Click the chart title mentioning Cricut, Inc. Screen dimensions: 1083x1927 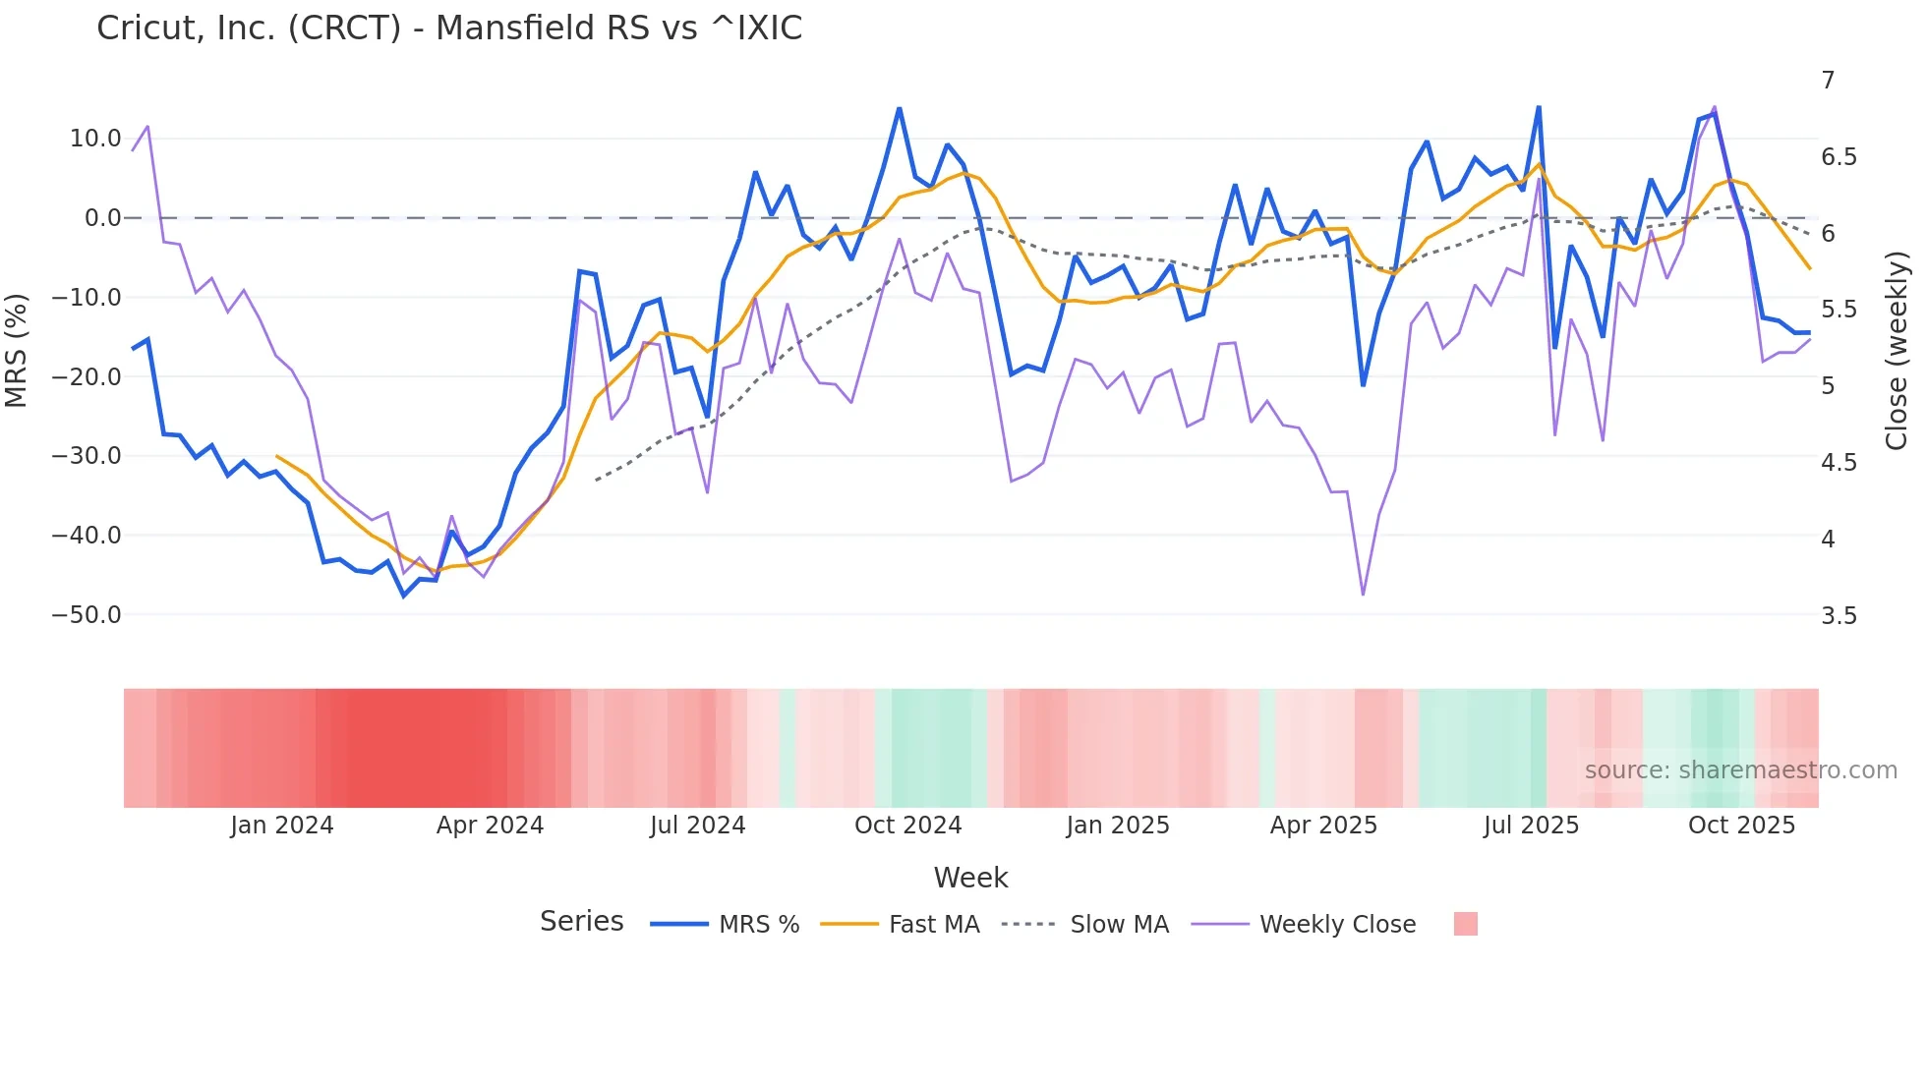(x=449, y=28)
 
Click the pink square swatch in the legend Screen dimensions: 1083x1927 (x=1465, y=924)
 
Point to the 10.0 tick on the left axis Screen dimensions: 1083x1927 (x=95, y=139)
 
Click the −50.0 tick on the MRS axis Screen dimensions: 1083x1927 (x=87, y=615)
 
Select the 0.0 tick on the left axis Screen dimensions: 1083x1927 (x=103, y=218)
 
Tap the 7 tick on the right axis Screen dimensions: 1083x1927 (x=1828, y=81)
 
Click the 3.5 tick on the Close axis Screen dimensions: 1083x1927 (x=1839, y=616)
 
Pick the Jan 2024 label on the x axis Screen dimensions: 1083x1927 (x=282, y=826)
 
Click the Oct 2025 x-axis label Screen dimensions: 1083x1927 (x=1741, y=826)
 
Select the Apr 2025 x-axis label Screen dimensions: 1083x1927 (x=1323, y=826)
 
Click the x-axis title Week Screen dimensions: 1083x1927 (x=970, y=878)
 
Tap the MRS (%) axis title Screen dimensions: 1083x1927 (x=17, y=350)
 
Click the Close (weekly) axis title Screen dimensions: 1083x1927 (x=1897, y=350)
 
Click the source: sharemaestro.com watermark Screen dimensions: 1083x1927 (x=1740, y=770)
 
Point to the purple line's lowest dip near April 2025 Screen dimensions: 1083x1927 (x=1363, y=594)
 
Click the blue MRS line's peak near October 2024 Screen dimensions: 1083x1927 (x=899, y=109)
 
